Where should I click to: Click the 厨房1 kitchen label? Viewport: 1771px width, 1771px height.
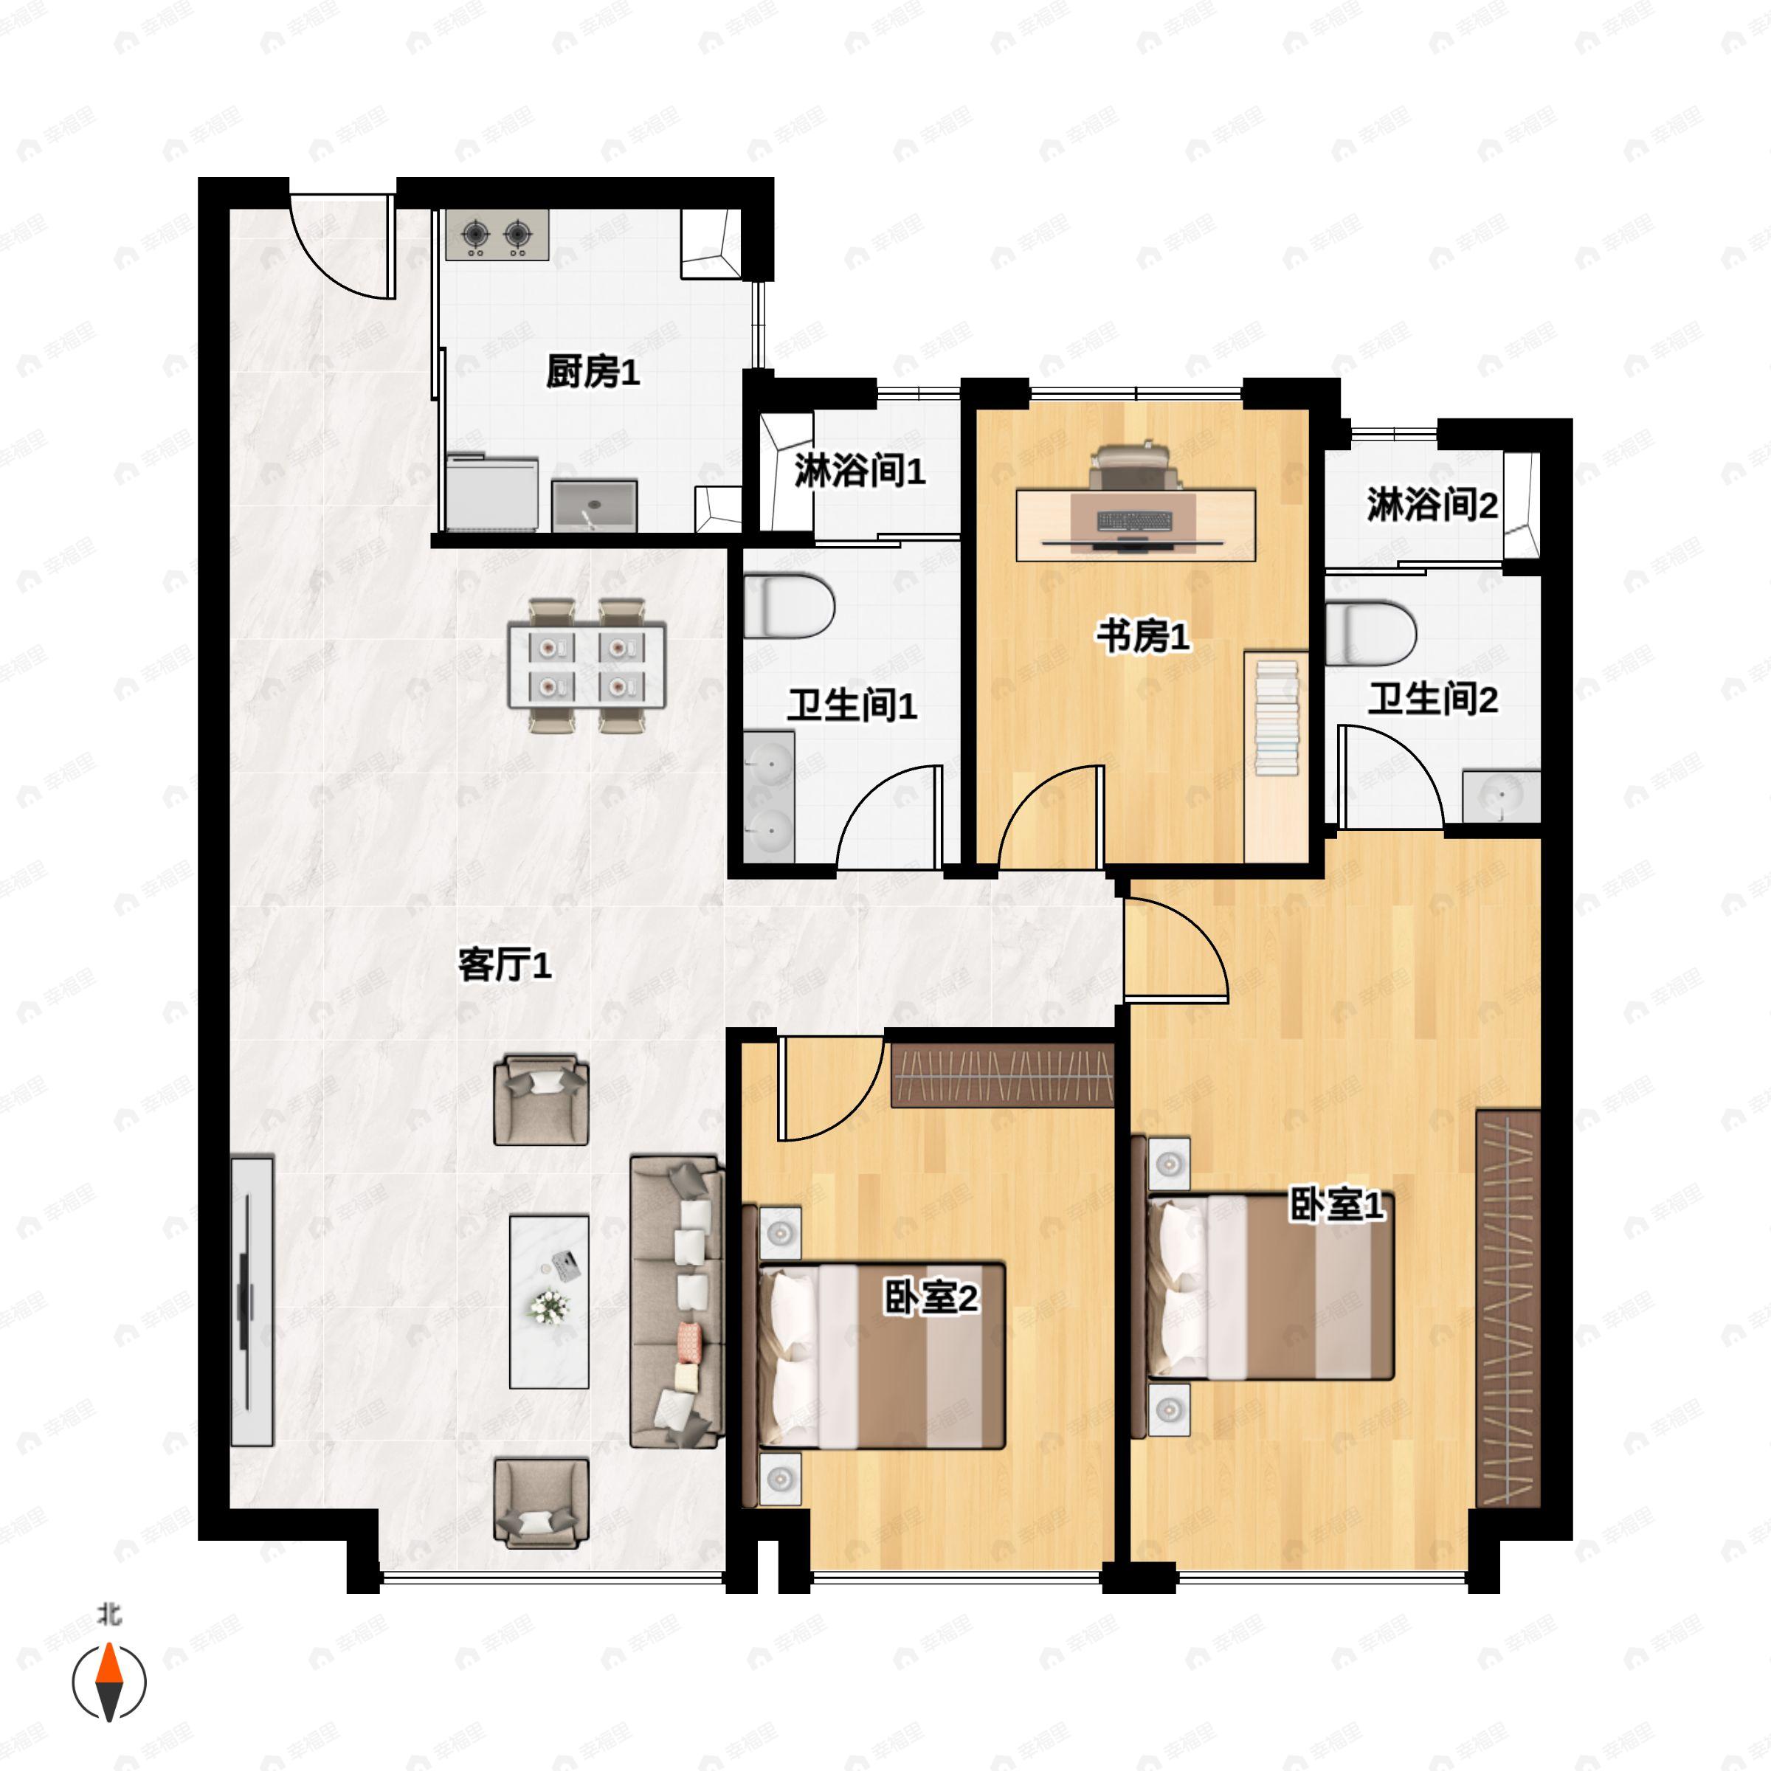tap(592, 372)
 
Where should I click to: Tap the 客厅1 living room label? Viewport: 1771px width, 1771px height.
tap(504, 965)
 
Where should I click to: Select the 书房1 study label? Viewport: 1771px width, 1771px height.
tap(1143, 635)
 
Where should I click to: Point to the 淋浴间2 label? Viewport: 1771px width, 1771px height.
tap(1432, 504)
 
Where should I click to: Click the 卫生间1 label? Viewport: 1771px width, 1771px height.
tap(852, 706)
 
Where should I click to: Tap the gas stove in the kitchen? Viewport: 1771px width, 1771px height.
tap(497, 235)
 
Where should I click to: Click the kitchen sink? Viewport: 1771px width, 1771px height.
tap(594, 505)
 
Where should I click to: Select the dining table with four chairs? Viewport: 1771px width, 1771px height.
tap(587, 665)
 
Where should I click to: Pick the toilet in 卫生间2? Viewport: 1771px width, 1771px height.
tap(1370, 632)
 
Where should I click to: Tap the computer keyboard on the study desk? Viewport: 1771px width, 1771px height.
tap(1135, 522)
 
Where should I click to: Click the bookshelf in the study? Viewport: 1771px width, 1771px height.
tap(1276, 716)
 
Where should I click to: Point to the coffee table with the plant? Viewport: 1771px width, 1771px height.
tap(549, 1302)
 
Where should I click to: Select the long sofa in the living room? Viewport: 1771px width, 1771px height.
tap(677, 1302)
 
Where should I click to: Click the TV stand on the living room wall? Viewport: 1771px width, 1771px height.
tap(251, 1302)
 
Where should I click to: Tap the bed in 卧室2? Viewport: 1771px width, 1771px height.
tap(880, 1357)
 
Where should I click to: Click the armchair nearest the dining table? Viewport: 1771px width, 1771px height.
tap(541, 1100)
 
